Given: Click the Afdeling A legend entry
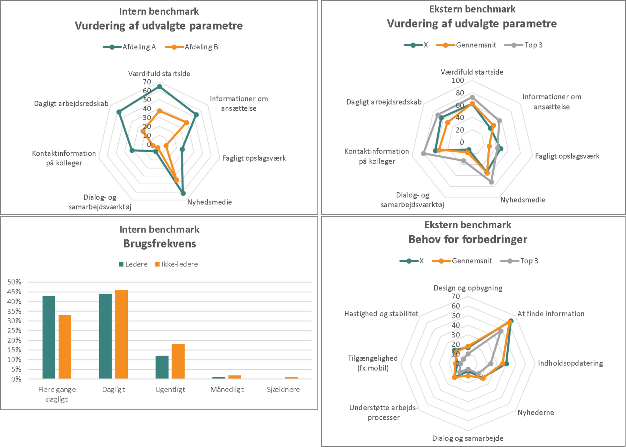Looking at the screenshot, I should [130, 47].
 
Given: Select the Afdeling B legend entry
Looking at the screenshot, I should [192, 47].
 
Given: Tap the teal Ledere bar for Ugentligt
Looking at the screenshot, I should [162, 367].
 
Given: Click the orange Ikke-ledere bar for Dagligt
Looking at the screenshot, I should [121, 334].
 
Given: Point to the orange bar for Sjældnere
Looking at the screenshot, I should [291, 378].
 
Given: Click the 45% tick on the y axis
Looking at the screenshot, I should [14, 292].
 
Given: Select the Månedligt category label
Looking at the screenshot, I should [227, 389].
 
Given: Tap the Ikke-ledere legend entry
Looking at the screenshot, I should [177, 264].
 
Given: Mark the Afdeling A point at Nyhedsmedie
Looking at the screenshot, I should [183, 193].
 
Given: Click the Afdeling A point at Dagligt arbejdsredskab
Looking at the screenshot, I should [119, 112].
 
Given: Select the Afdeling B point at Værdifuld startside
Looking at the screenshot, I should [159, 111].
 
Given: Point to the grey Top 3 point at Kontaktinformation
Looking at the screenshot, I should [424, 153].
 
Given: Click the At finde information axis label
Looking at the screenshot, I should [550, 314].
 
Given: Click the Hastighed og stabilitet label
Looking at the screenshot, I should [381, 314].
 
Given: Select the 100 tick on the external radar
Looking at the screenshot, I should [458, 81].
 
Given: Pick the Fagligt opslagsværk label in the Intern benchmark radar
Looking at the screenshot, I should [254, 158].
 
